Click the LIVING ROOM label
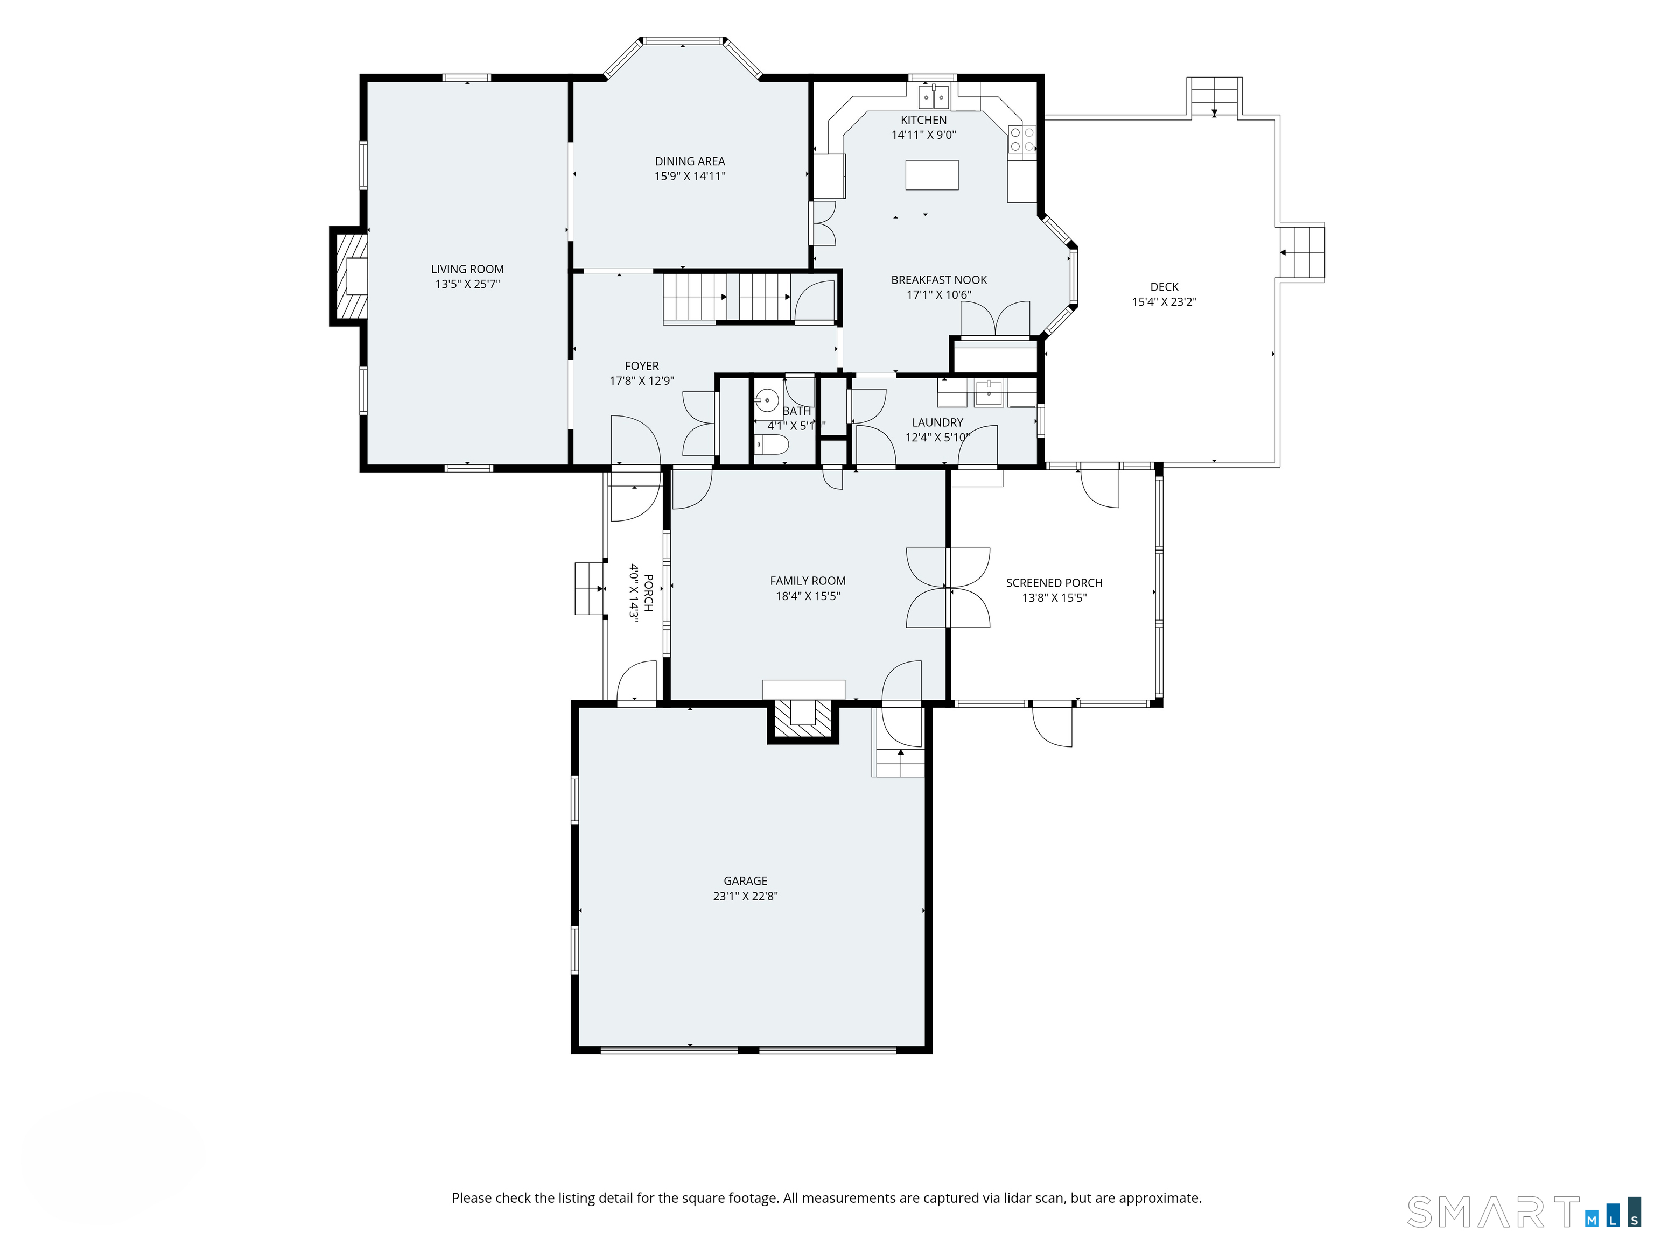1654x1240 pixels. [x=467, y=269]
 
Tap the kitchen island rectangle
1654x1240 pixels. [x=931, y=175]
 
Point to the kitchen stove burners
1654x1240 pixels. [x=1022, y=139]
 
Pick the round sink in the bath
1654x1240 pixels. [x=767, y=400]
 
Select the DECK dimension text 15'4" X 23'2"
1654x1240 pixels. [x=1164, y=302]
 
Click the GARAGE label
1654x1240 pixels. [x=746, y=880]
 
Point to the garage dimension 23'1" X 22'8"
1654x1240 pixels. [x=746, y=896]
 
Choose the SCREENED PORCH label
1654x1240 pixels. [x=1054, y=582]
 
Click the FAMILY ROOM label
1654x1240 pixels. [x=808, y=581]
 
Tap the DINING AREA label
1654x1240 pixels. [x=690, y=161]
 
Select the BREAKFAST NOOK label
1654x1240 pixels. [x=939, y=279]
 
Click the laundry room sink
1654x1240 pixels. [x=989, y=392]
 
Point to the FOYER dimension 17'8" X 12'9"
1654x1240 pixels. [x=642, y=381]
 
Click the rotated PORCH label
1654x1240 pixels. [x=648, y=593]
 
